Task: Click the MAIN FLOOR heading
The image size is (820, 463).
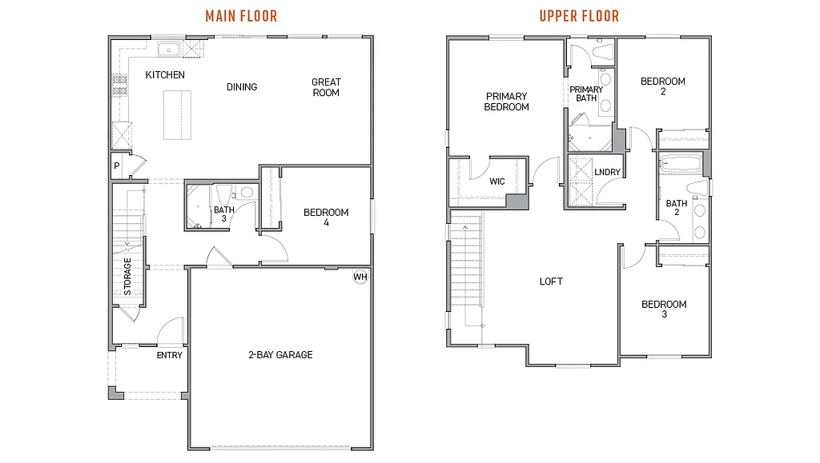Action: [x=241, y=16]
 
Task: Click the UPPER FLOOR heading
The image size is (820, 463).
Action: [x=578, y=16]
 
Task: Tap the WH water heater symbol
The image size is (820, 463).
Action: [x=360, y=277]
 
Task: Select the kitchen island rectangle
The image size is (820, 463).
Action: [x=178, y=114]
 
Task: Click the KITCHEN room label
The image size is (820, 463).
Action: [x=165, y=75]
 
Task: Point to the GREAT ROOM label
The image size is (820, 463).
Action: [x=326, y=87]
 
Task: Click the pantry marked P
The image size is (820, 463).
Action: [x=117, y=166]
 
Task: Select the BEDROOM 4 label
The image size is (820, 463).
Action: [x=326, y=218]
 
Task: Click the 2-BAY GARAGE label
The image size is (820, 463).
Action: [x=279, y=354]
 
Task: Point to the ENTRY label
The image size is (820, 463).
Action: [x=170, y=355]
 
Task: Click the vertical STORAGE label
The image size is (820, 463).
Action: [x=127, y=277]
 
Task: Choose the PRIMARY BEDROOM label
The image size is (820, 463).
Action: [x=506, y=102]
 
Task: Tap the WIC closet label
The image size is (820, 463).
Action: [x=497, y=182]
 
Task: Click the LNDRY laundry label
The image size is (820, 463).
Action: [x=606, y=172]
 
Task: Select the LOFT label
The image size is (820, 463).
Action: [x=551, y=281]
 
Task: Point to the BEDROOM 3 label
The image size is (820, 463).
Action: [x=664, y=309]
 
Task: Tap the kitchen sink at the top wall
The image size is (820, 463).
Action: [x=169, y=50]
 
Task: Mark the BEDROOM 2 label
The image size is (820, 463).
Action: [x=663, y=86]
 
